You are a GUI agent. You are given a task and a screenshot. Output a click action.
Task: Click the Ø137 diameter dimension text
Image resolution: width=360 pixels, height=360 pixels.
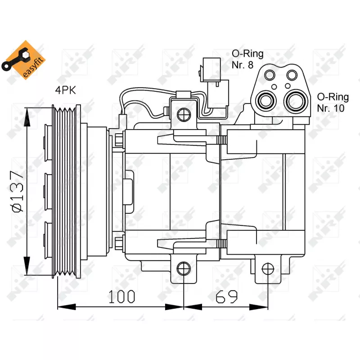17,191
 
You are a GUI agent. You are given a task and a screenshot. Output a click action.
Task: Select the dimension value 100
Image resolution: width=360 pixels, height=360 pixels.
121,297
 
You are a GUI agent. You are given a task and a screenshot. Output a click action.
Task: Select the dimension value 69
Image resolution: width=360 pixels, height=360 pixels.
228,297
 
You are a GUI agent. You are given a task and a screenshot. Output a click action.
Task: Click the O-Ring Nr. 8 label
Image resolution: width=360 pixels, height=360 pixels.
247,59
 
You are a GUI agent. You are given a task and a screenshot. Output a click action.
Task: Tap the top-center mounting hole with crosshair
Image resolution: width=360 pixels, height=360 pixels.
183,115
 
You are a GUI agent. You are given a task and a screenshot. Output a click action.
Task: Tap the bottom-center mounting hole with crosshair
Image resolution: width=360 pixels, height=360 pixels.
183,269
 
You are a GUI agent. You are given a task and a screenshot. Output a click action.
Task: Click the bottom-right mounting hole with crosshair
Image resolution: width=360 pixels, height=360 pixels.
268,269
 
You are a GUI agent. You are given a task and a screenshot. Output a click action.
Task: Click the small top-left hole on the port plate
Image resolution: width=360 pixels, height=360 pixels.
270,74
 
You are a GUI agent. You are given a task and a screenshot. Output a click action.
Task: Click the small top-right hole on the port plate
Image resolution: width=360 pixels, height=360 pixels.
292,74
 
